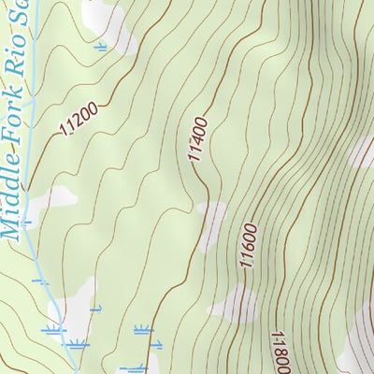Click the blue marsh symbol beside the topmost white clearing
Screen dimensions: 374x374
(101, 44)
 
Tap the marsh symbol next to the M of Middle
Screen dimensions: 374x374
(26, 223)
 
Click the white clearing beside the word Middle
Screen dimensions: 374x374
(56, 199)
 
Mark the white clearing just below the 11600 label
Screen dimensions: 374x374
(234, 304)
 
